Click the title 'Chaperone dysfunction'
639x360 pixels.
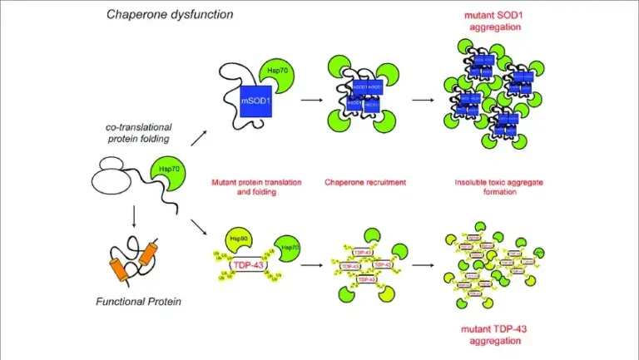click(x=170, y=14)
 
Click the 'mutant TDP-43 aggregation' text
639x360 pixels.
click(x=496, y=336)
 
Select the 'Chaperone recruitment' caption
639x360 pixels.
click(x=364, y=181)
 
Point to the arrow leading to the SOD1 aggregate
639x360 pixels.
click(x=423, y=101)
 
